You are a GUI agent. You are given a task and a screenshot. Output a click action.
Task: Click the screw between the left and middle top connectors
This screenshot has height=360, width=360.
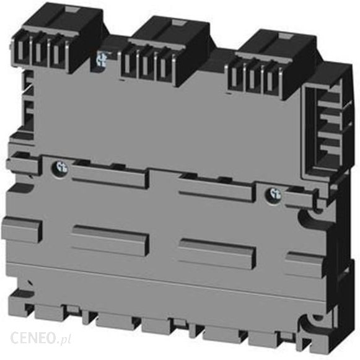102,59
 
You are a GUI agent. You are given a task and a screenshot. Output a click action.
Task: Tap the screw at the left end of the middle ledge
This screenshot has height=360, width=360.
60,168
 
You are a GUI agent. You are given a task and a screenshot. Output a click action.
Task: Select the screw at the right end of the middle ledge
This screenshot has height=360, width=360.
273,195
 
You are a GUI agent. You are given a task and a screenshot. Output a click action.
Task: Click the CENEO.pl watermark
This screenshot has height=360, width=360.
41,338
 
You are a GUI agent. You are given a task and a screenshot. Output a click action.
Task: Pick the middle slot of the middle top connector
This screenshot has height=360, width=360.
145,66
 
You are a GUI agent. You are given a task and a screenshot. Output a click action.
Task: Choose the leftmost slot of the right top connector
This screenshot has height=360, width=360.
235,77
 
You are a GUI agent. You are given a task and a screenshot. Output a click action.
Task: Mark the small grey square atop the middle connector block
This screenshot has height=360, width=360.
178,22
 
